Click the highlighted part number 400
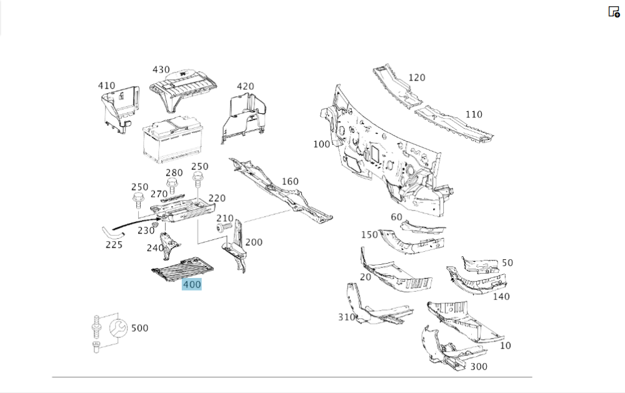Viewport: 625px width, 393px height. click(x=192, y=285)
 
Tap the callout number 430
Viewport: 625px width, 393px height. click(x=161, y=70)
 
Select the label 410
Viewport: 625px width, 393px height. click(x=106, y=86)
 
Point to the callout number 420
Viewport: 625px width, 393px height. click(x=245, y=86)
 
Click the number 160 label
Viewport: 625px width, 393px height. click(x=290, y=182)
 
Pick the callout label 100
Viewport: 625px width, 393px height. click(x=321, y=144)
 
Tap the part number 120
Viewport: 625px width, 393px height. click(x=417, y=77)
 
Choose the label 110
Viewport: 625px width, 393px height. click(x=474, y=114)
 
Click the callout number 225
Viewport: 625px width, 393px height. click(x=114, y=245)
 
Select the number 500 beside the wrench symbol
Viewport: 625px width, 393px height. click(x=140, y=328)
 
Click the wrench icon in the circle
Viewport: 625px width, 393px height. click(x=117, y=327)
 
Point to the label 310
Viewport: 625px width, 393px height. click(x=347, y=317)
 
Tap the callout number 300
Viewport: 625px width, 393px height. click(x=479, y=367)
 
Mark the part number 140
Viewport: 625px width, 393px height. click(x=501, y=297)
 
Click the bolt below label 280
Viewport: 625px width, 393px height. click(x=172, y=186)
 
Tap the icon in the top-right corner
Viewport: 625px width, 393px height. click(x=614, y=11)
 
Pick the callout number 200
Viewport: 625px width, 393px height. click(x=254, y=242)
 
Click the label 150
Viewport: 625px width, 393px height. click(x=369, y=234)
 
